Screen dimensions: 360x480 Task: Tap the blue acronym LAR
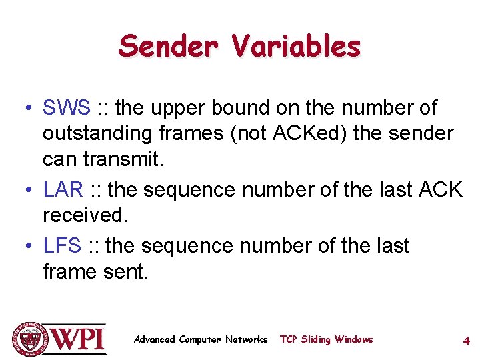click(x=63, y=190)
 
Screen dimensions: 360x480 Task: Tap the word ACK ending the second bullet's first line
click(x=440, y=190)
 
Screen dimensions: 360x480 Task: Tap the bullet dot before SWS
click(x=25, y=108)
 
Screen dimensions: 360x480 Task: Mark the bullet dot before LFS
click(x=25, y=247)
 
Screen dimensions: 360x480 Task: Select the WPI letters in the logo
click(x=78, y=339)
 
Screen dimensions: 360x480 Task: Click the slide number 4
click(x=467, y=341)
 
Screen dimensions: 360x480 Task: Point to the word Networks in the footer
click(x=246, y=339)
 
